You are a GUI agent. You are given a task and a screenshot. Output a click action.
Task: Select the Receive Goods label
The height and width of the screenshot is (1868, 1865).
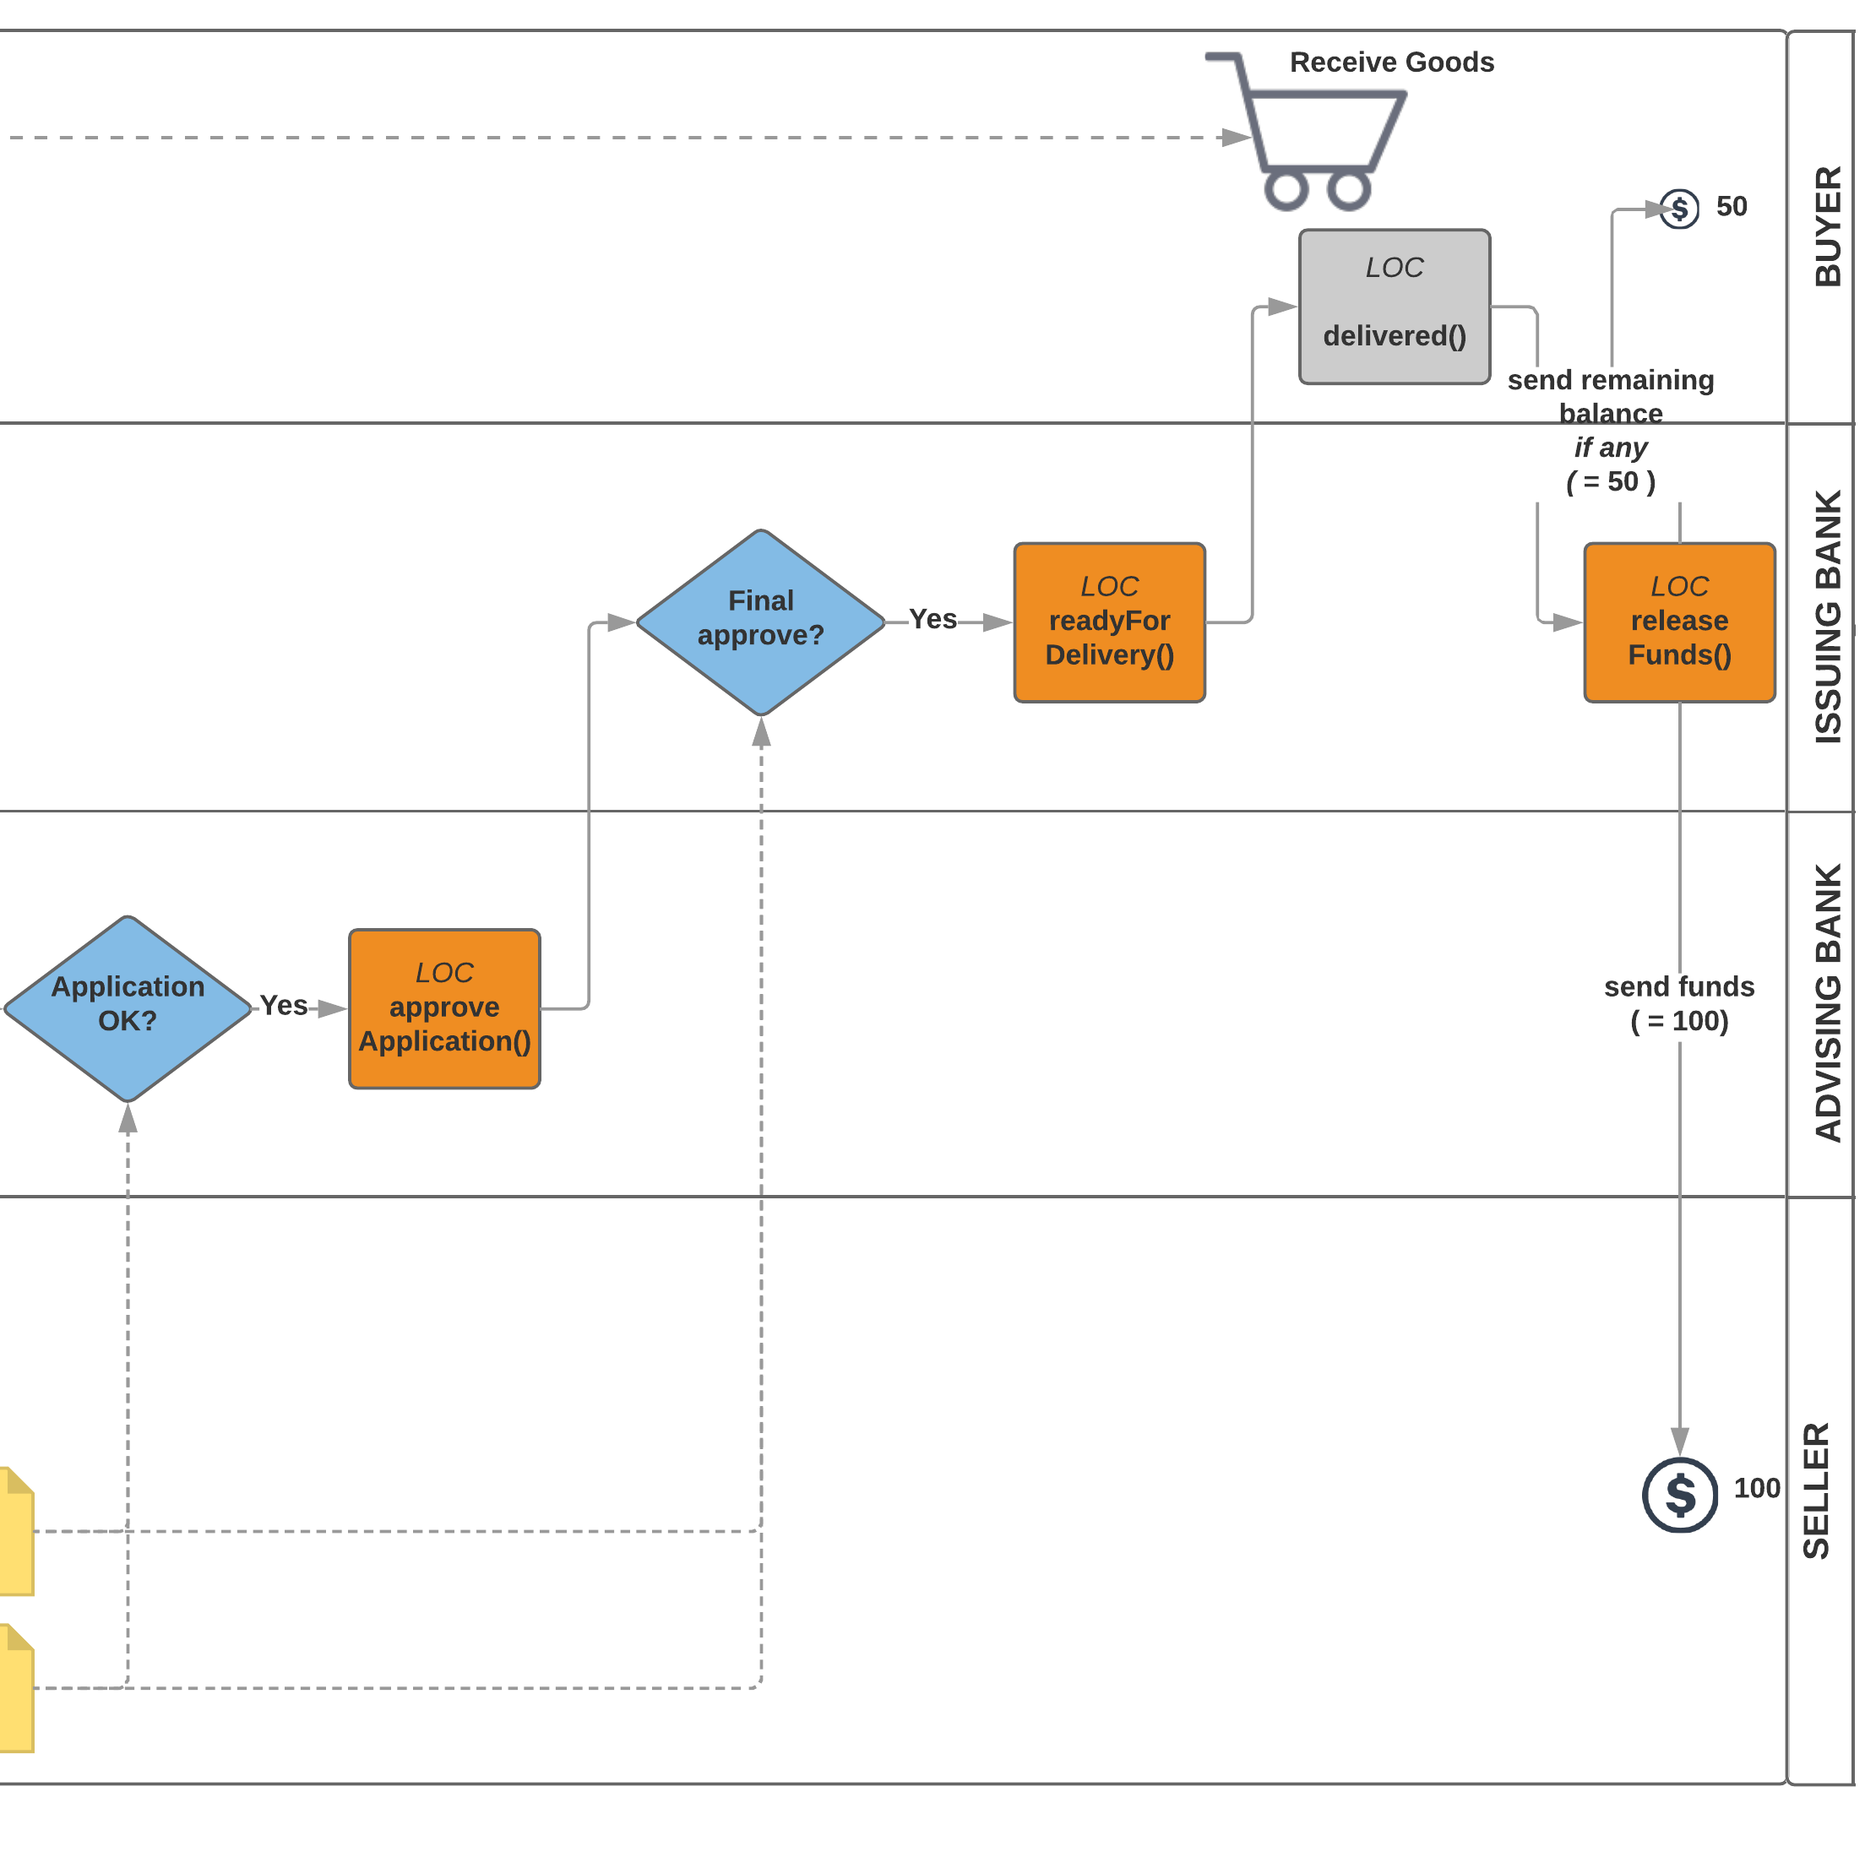(x=1392, y=62)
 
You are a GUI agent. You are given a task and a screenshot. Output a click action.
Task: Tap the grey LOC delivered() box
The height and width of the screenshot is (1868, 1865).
(x=1395, y=307)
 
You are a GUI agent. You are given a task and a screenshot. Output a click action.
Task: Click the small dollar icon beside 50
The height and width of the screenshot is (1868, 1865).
(x=1679, y=209)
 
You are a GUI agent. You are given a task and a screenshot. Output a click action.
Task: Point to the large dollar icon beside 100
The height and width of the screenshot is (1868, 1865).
(x=1680, y=1495)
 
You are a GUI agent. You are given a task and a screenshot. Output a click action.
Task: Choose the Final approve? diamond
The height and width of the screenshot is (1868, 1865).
(x=761, y=623)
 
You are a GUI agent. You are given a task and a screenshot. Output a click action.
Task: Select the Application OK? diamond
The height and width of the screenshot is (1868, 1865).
(x=128, y=1009)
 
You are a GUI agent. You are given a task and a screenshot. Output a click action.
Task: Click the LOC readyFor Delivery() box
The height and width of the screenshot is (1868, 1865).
(x=1110, y=622)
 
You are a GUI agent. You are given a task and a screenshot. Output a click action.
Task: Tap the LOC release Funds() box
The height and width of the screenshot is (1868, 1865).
(x=1680, y=622)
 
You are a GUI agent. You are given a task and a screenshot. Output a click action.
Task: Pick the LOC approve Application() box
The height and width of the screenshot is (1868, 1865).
(x=445, y=1009)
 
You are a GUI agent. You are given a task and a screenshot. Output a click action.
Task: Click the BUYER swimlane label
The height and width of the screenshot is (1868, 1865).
(x=1829, y=227)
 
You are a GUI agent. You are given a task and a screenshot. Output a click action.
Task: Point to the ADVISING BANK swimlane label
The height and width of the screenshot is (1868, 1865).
(x=1829, y=1003)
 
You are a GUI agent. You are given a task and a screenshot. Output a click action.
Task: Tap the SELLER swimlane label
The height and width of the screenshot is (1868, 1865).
(x=1817, y=1490)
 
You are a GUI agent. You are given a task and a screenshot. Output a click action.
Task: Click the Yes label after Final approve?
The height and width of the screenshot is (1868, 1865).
(x=933, y=620)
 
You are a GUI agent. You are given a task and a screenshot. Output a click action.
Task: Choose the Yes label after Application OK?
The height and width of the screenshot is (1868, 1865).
(x=283, y=1007)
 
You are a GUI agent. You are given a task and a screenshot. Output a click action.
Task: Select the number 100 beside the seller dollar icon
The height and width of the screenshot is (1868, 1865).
(x=1757, y=1489)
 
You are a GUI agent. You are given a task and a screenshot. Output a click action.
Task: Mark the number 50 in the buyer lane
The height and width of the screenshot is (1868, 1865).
(x=1732, y=207)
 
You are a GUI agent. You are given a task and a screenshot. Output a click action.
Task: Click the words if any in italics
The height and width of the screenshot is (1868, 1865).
(x=1611, y=448)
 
